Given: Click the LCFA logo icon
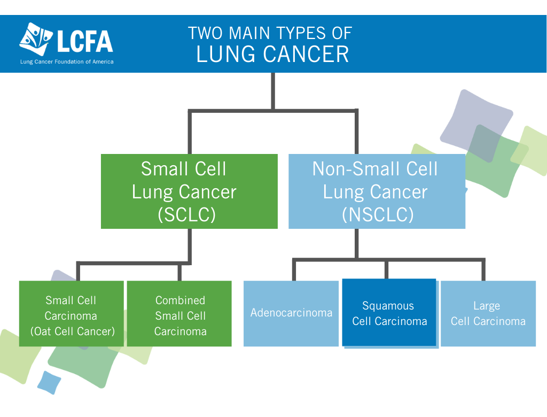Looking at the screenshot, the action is (x=36, y=39).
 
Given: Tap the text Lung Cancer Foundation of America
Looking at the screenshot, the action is (x=67, y=62).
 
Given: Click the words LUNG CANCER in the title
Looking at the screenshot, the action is (x=272, y=55).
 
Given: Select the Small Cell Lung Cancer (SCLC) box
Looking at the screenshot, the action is (x=189, y=191).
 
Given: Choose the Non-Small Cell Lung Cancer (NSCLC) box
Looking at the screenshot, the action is (x=377, y=191).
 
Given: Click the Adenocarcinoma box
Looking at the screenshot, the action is (x=291, y=314).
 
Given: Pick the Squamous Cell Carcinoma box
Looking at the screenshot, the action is (x=389, y=313).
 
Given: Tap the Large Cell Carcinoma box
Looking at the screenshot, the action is (x=488, y=314).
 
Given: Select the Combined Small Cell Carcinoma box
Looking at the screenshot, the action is (x=179, y=314).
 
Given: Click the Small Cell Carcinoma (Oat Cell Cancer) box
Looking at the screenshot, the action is (x=72, y=314).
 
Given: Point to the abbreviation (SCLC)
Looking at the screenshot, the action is (x=186, y=214).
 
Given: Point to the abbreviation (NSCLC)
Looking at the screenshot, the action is (x=378, y=214).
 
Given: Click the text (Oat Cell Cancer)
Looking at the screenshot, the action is (x=73, y=331).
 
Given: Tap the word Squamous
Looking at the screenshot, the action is (x=388, y=306).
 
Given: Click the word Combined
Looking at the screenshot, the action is (x=181, y=300).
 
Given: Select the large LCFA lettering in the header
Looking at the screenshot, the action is (x=85, y=41).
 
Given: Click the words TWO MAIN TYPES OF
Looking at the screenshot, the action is (x=270, y=34).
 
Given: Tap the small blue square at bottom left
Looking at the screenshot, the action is (x=49, y=382).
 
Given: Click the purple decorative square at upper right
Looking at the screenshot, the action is (x=476, y=126).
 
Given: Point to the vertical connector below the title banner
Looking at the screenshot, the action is (x=273, y=91).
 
